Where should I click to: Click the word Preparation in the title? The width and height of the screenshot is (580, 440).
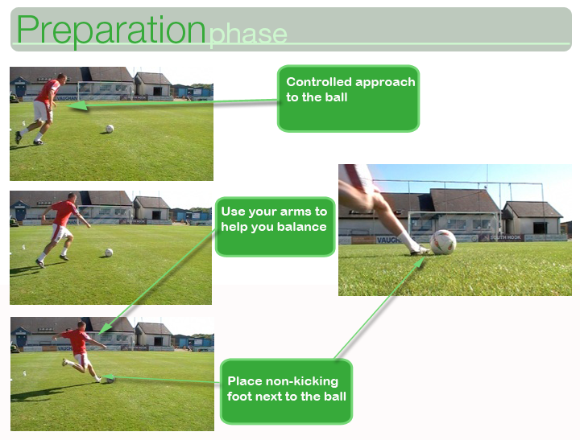(x=110, y=31)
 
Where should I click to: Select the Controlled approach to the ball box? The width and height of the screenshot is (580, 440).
(x=348, y=98)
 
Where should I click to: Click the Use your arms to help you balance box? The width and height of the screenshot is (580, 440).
(x=275, y=227)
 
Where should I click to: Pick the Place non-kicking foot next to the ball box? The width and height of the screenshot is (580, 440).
(x=286, y=391)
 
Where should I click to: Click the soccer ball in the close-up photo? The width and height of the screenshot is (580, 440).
(x=443, y=242)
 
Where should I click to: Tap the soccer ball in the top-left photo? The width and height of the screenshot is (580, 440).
(x=110, y=129)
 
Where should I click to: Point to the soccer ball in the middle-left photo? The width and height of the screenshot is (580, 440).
(x=109, y=253)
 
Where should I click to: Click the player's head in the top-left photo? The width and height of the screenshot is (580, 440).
(x=62, y=78)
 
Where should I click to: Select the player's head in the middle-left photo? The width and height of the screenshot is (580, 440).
(x=72, y=197)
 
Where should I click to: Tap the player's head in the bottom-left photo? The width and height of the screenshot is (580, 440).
(x=81, y=326)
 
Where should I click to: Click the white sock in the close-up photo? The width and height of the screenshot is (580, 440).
(x=408, y=241)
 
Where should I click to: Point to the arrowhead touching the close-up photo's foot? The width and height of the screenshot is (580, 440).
(x=420, y=263)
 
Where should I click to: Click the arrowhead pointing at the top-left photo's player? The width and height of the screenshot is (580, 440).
(x=77, y=105)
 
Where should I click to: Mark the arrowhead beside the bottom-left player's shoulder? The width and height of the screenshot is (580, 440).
(x=106, y=327)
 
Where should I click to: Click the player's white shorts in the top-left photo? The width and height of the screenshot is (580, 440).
(x=42, y=110)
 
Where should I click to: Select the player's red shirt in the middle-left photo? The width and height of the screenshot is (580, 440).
(x=64, y=212)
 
